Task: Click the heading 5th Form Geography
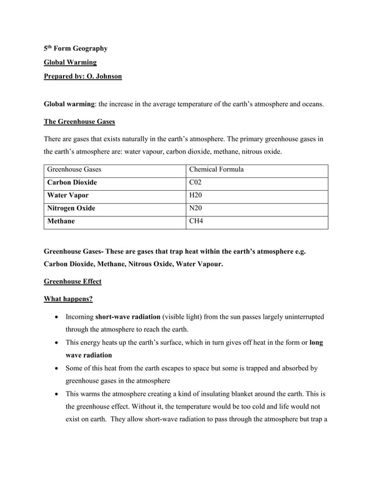(x=76, y=48)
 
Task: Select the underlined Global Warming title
(x=70, y=62)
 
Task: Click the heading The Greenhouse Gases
(x=79, y=121)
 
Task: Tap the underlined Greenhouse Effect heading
(x=72, y=281)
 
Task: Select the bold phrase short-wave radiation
(x=128, y=316)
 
